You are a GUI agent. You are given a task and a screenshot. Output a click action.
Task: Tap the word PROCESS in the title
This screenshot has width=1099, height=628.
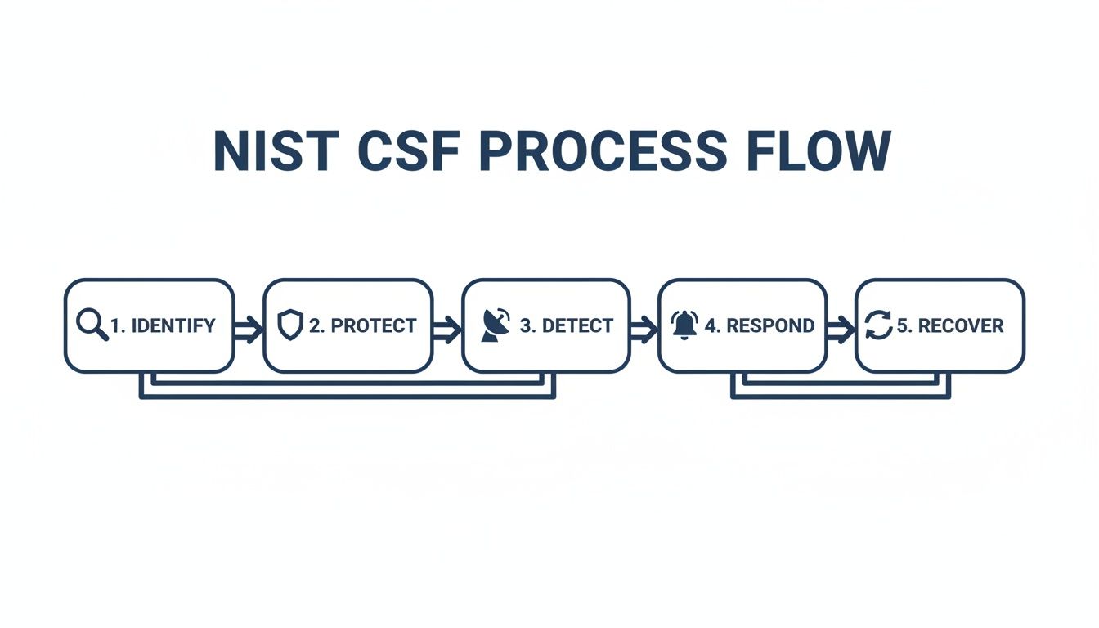599,151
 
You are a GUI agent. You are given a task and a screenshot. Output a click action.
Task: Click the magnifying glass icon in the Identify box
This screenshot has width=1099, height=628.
92,325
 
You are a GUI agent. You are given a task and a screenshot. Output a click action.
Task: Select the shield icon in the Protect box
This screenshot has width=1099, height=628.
290,325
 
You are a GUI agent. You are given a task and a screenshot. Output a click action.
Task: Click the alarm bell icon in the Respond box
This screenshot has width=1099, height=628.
684,325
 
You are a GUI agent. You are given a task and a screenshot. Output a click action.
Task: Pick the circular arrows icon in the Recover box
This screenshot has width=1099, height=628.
879,325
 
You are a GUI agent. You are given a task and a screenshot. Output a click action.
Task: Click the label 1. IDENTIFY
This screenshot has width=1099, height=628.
162,325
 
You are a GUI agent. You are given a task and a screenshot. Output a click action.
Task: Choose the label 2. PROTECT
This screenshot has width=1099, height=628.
362,325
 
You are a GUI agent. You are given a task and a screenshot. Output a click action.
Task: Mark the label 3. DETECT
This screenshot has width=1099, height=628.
566,325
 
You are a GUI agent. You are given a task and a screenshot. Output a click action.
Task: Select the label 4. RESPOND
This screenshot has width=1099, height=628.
759,325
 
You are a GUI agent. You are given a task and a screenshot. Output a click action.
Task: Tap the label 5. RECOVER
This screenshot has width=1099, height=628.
949,325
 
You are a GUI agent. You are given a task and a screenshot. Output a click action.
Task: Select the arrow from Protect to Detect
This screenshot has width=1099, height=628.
446,330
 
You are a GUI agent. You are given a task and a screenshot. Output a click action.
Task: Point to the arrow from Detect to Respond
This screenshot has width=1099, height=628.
644,330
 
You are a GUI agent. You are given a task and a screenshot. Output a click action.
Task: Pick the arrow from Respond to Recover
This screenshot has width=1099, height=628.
841,330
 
